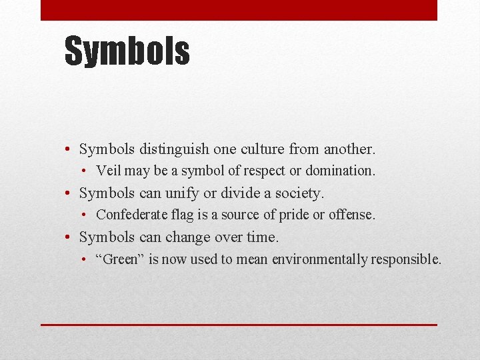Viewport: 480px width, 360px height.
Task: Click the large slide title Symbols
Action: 127,51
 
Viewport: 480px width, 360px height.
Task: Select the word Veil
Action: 109,171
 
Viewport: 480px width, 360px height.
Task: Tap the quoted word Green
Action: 120,259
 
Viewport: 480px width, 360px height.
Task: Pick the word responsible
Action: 405,259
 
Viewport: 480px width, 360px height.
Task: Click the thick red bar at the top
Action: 239,10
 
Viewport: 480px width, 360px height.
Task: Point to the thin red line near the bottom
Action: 239,325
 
